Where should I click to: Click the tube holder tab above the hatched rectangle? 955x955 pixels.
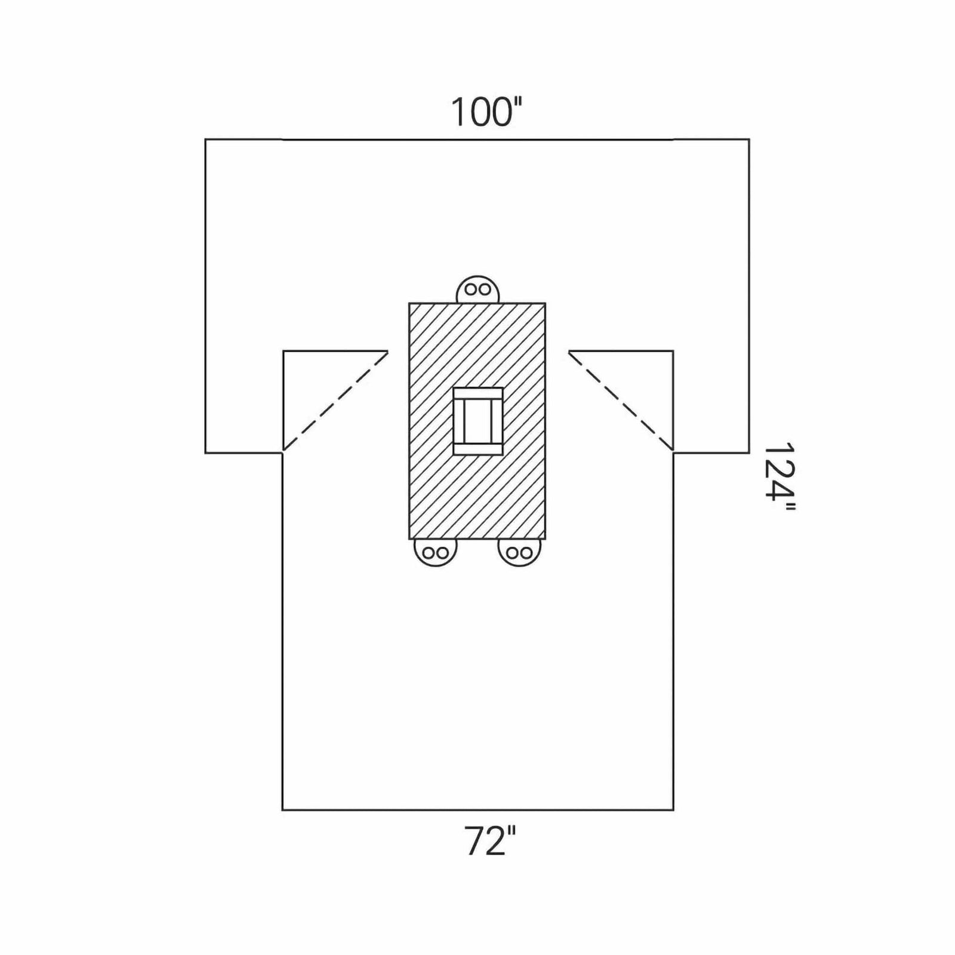(478, 290)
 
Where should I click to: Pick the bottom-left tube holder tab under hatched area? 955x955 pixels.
(435, 552)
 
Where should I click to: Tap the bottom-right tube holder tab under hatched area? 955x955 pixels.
(519, 552)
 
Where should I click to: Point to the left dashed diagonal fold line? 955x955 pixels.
(335, 400)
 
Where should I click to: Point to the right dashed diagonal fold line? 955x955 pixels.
(621, 400)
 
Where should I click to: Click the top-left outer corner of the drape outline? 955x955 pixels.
(205, 140)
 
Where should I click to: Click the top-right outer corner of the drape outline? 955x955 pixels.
(749, 140)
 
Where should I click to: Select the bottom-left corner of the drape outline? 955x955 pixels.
(282, 810)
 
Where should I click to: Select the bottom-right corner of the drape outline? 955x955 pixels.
(673, 810)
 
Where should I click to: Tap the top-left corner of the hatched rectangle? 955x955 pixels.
(409, 303)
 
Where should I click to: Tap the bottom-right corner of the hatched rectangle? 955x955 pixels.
(545, 539)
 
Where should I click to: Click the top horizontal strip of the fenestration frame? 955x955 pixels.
(478, 394)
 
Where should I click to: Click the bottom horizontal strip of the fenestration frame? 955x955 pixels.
(478, 448)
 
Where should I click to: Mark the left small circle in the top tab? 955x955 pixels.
(470, 290)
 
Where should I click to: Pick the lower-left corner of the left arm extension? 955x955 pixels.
(205, 453)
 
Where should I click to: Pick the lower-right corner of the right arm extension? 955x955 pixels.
(749, 453)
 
